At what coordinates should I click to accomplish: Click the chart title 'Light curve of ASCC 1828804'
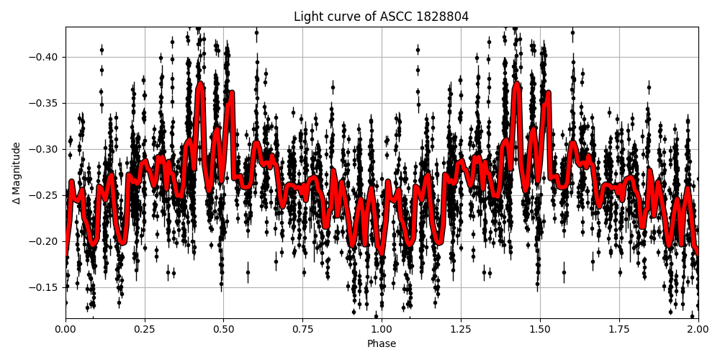(x=381, y=17)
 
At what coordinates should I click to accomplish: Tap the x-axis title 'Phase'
(x=381, y=344)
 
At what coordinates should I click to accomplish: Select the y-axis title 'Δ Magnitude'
(x=16, y=173)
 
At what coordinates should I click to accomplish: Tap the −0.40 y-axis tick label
(x=45, y=57)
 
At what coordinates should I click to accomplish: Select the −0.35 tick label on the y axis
(x=45, y=103)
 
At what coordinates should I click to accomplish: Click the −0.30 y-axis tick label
(x=45, y=149)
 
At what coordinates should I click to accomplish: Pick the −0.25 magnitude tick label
(x=45, y=195)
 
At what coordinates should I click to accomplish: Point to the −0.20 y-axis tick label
(x=45, y=241)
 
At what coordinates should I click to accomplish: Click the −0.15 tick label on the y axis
(x=45, y=287)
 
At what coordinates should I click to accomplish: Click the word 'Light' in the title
(x=307, y=17)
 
